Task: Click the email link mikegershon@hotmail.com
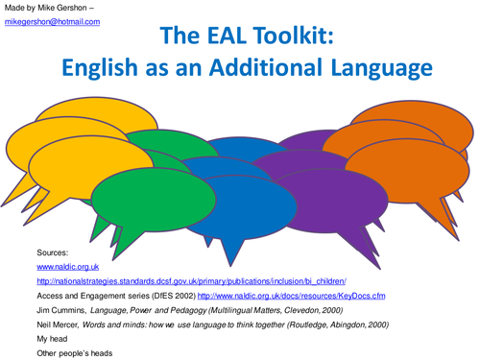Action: [x=53, y=21]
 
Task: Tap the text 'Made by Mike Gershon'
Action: [x=48, y=8]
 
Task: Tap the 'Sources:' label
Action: [x=53, y=250]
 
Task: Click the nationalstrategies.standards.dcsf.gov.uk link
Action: [x=190, y=280]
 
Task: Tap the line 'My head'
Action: [x=54, y=340]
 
